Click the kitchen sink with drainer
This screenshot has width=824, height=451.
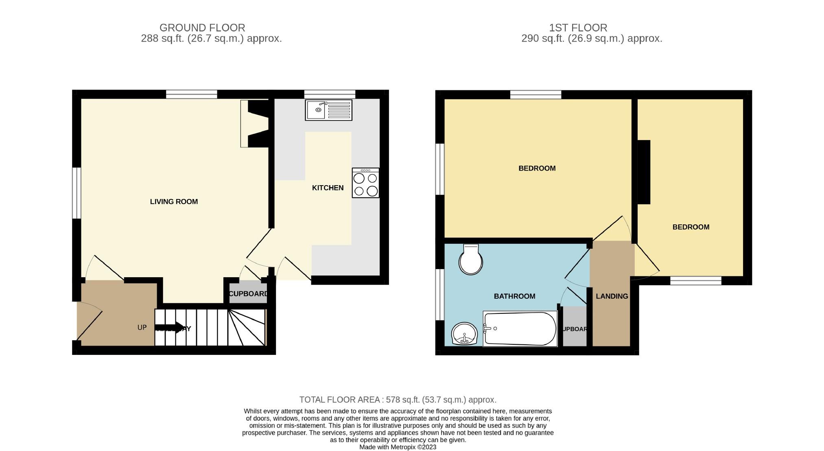(328, 110)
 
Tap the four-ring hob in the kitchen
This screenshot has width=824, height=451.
(365, 183)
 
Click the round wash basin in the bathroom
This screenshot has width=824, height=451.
(464, 334)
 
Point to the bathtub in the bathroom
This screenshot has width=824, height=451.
(520, 329)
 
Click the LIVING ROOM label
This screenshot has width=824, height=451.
(174, 201)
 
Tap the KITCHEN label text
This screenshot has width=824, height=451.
(328, 188)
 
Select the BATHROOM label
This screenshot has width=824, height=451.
(514, 296)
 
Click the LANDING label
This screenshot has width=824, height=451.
(612, 296)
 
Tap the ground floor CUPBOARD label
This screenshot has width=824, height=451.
(248, 294)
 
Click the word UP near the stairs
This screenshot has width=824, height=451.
(142, 327)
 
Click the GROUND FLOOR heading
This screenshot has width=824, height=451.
(202, 28)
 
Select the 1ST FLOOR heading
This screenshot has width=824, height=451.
(578, 28)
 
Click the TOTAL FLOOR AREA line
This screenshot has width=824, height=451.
(398, 400)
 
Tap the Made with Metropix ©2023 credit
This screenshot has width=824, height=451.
(398, 447)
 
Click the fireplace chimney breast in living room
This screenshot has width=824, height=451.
(258, 123)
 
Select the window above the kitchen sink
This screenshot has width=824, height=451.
(330, 94)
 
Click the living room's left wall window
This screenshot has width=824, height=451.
(76, 193)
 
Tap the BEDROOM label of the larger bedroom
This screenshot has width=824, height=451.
(537, 168)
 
